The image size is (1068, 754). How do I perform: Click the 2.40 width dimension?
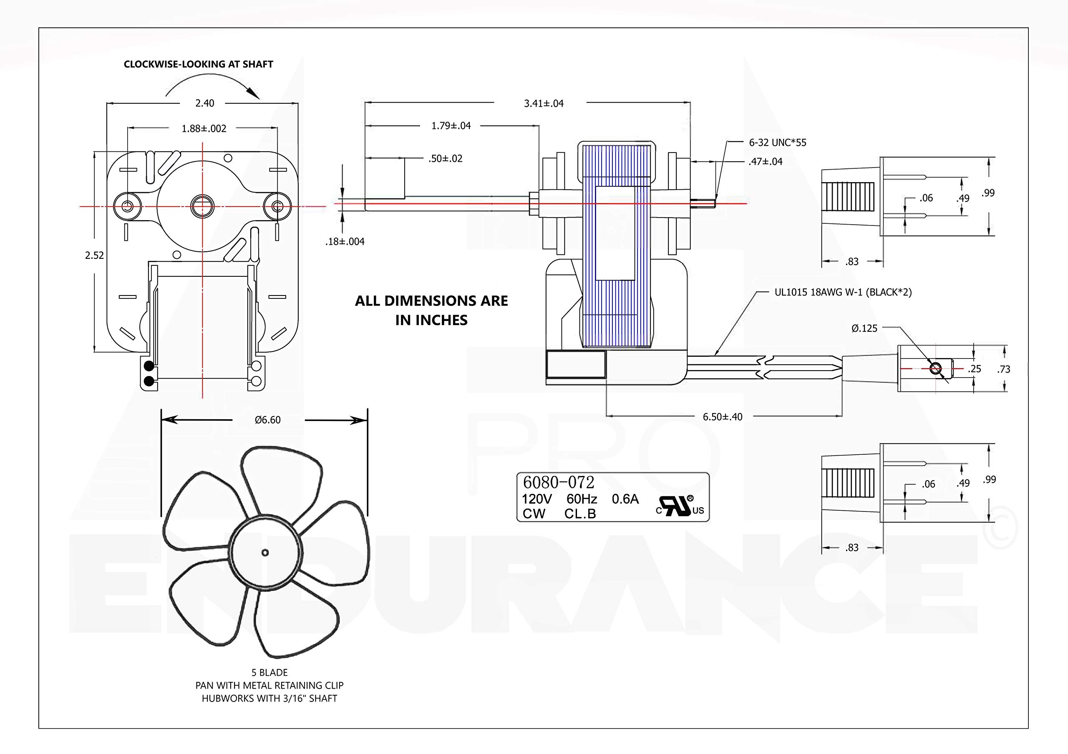pos(205,103)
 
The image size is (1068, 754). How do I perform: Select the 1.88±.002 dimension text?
pos(204,129)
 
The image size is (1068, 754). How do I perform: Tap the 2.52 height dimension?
pos(94,255)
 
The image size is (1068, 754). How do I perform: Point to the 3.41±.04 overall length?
pos(544,104)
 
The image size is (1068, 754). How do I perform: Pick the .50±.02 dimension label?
pos(446,159)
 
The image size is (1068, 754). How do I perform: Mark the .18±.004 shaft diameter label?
pos(345,242)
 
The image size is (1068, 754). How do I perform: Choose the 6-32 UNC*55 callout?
pos(778,143)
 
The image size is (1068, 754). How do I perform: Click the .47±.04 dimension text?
pos(766,162)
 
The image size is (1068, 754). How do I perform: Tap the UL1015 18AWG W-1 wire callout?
pos(843,293)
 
